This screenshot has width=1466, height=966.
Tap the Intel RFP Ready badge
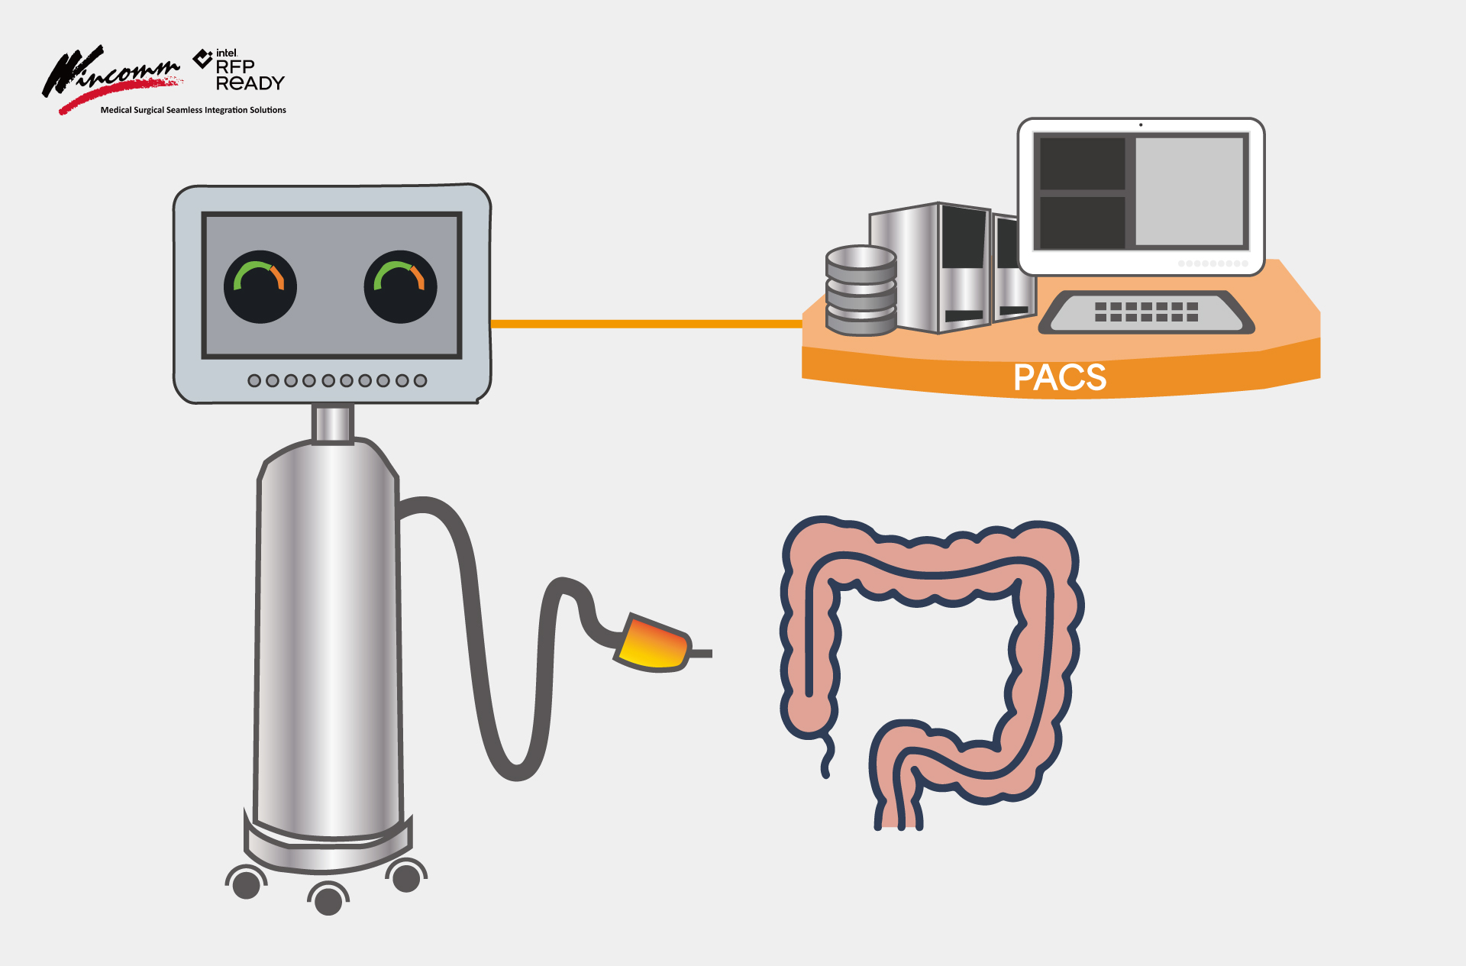[241, 70]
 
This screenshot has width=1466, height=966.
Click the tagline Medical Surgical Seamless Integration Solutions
[193, 110]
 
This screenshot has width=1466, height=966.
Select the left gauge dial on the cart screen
[260, 286]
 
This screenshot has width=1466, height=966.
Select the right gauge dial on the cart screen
[400, 286]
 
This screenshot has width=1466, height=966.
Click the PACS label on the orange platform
[1059, 377]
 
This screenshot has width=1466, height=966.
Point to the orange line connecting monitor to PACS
[645, 324]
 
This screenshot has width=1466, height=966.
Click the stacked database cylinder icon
[861, 291]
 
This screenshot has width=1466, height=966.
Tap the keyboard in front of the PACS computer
[1145, 312]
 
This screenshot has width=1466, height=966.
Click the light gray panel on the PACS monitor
[1189, 191]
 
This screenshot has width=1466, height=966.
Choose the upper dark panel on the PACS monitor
[1082, 163]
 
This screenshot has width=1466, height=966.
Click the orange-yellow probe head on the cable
[653, 643]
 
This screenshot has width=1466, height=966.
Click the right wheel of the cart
[406, 877]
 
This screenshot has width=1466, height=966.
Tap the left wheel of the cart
[246, 884]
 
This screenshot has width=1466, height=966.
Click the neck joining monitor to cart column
[332, 424]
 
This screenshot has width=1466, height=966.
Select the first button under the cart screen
[254, 380]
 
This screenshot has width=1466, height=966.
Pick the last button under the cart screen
[420, 380]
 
